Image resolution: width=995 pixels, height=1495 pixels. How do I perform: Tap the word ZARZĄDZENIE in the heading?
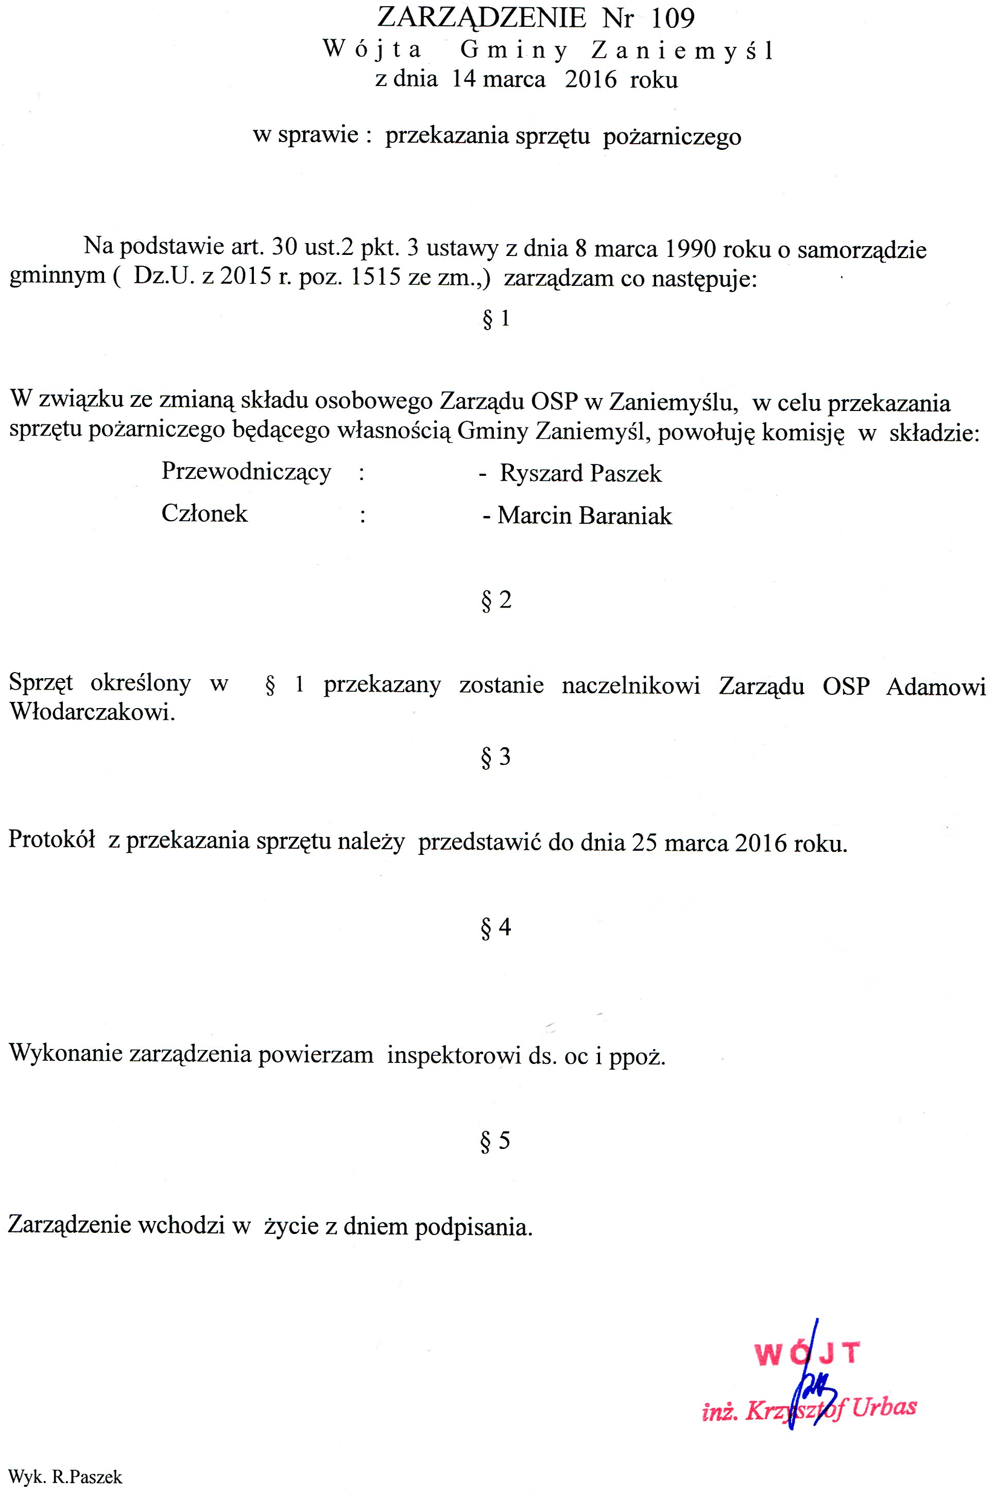(482, 18)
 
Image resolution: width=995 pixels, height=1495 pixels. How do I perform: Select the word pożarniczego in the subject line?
(672, 136)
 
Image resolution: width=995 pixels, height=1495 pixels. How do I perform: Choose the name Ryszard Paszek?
(580, 473)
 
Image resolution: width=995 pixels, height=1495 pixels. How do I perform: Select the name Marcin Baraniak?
(584, 515)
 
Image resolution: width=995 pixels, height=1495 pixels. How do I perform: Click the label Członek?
(204, 513)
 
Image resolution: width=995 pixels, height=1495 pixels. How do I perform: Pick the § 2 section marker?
(496, 599)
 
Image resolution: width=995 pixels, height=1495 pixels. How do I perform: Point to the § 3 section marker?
(496, 757)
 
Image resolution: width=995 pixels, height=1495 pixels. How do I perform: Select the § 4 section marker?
(496, 927)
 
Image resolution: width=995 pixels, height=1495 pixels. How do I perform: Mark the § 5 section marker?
(496, 1141)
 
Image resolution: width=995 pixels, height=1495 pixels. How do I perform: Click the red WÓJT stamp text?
(807, 1354)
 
